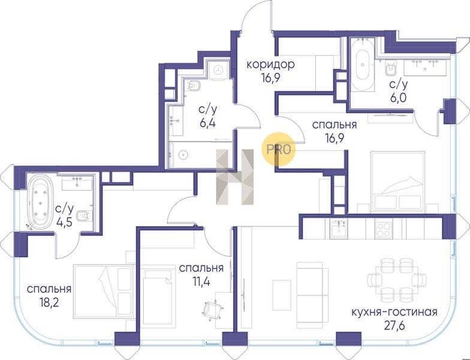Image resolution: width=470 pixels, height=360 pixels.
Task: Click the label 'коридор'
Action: click(270, 65)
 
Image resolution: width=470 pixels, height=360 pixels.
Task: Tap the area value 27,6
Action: click(394, 325)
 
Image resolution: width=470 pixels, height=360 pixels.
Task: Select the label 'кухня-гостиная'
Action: click(394, 312)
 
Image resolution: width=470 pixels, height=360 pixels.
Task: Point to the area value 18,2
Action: click(49, 302)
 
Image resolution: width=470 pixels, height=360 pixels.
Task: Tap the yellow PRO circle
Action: click(278, 149)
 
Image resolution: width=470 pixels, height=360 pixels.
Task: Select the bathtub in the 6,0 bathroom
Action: click(363, 65)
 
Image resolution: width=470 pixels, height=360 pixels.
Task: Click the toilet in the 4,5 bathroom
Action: click(84, 215)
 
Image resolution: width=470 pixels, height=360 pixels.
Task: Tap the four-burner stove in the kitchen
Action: click(384, 230)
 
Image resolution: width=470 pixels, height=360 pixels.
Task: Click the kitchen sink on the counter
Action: click(339, 230)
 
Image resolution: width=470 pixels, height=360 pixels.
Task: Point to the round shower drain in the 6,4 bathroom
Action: click(183, 155)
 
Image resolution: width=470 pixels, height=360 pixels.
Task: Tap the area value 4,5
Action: click(65, 222)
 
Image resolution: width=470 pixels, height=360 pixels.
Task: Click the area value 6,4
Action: click(207, 122)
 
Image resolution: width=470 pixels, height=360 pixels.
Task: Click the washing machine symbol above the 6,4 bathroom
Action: click(219, 70)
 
